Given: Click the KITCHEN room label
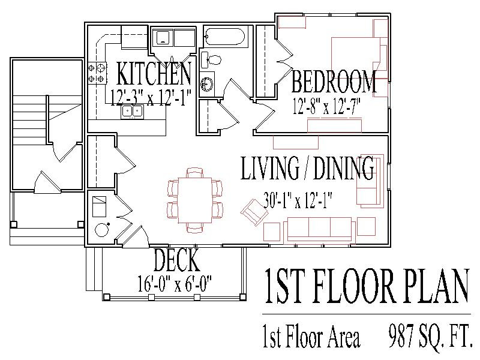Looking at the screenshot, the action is pyautogui.click(x=154, y=73).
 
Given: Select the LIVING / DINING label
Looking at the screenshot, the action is pyautogui.click(x=307, y=168).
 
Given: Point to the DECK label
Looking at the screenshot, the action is pyautogui.click(x=176, y=260).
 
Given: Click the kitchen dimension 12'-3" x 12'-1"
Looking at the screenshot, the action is pyautogui.click(x=151, y=98).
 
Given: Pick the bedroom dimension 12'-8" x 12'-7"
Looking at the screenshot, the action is pyautogui.click(x=326, y=106).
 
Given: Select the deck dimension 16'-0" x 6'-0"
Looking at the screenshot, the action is pyautogui.click(x=175, y=284).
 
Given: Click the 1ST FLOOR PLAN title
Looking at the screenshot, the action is pyautogui.click(x=367, y=286).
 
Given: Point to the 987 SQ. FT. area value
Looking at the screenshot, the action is pyautogui.click(x=430, y=337).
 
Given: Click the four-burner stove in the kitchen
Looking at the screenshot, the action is pyautogui.click(x=97, y=73).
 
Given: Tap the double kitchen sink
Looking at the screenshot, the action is pyautogui.click(x=132, y=112).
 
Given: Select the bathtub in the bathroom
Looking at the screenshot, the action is pyautogui.click(x=225, y=37).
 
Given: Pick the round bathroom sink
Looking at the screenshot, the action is pyautogui.click(x=207, y=84).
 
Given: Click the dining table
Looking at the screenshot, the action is pyautogui.click(x=194, y=200).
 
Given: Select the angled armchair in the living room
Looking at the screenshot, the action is pyautogui.click(x=254, y=212).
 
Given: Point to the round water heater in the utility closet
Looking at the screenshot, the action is pyautogui.click(x=101, y=230).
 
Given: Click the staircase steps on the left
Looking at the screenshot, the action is pyautogui.click(x=29, y=120).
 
